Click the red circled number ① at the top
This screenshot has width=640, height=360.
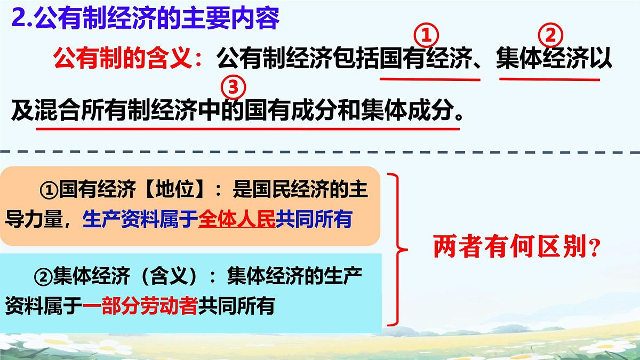[426, 36]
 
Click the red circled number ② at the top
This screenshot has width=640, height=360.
[550, 36]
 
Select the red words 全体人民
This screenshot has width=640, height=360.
[236, 219]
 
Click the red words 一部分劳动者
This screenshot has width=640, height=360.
[140, 306]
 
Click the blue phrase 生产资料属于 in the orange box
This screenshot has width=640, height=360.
[140, 219]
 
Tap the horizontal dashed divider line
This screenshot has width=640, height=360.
[320, 154]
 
